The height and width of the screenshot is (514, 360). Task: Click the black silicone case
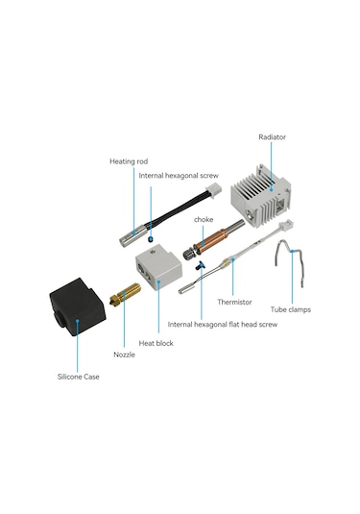(x=78, y=306)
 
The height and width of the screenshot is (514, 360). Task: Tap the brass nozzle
(x=125, y=294)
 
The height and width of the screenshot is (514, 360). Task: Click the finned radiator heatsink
(x=261, y=196)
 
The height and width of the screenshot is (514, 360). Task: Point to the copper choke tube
(x=209, y=241)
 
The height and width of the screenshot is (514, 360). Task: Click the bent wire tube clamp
(x=289, y=262)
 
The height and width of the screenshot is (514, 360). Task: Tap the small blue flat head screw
(x=200, y=265)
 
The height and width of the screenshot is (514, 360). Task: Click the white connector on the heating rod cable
(x=213, y=190)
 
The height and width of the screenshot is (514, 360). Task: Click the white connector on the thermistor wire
(x=286, y=226)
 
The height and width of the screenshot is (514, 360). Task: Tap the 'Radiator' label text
(x=272, y=137)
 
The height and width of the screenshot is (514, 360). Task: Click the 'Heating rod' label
(x=129, y=161)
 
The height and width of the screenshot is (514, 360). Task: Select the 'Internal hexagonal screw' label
(x=179, y=176)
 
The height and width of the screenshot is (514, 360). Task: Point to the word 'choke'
(x=204, y=219)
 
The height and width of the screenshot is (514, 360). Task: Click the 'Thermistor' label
(x=234, y=302)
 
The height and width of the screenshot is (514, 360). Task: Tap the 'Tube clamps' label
(x=291, y=309)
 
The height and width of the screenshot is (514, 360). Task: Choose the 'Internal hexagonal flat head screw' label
(x=223, y=324)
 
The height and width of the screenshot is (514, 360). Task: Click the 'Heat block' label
(x=156, y=343)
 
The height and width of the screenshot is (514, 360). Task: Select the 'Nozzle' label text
(x=124, y=355)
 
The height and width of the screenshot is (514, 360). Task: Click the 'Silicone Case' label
(x=79, y=377)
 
